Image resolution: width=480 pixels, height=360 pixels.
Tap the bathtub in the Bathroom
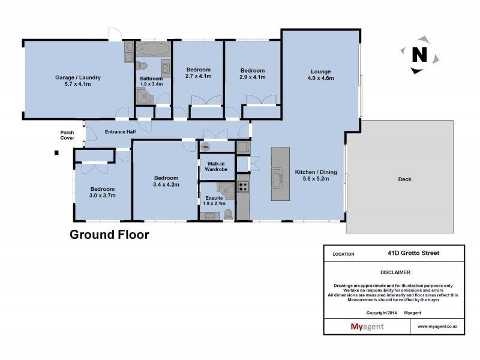coord(153,49)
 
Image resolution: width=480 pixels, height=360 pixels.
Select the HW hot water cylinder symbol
coord(205,147)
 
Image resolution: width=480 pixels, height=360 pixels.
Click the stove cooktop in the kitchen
coord(243,187)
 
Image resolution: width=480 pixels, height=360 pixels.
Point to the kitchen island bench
coord(280,174)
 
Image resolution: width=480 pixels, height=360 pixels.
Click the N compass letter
coord(419,55)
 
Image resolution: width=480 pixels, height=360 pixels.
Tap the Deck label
coord(404,179)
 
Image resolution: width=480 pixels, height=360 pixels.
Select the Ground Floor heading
coord(109,235)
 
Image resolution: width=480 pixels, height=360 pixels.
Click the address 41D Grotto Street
coord(413,253)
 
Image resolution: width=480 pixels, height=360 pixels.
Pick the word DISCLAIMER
coord(395,272)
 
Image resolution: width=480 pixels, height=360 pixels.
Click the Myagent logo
coord(367,326)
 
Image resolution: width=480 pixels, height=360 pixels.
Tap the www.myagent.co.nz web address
coord(437,326)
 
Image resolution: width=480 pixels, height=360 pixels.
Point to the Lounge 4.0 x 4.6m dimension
coord(321,78)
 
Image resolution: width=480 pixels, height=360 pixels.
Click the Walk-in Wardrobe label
coord(216,167)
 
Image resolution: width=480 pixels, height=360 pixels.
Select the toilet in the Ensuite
coord(228,214)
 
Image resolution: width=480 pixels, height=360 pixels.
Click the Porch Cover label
coord(67,136)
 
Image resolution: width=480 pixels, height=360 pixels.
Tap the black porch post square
coord(56,153)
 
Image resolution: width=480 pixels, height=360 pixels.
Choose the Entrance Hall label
coord(121,132)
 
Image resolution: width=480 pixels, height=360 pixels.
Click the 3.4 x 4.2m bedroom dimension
coord(166,185)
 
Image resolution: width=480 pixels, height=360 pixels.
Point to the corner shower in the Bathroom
coord(144,96)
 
